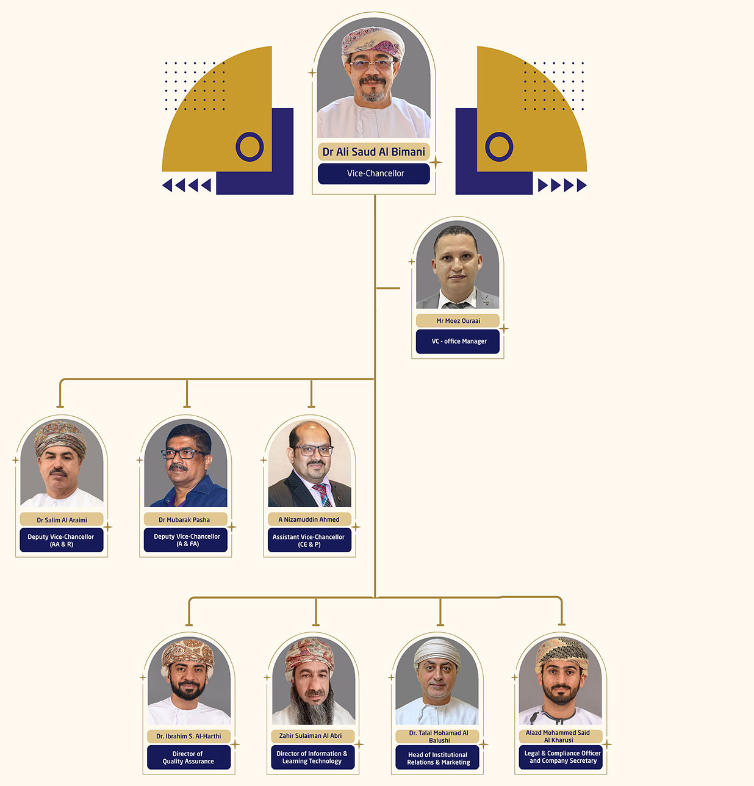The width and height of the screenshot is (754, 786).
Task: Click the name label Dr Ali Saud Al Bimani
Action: pos(373,152)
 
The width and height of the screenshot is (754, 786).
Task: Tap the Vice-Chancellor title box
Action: pos(374,173)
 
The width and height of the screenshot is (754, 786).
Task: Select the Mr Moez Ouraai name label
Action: pos(458,321)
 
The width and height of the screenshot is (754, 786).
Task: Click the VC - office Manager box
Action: pos(458,341)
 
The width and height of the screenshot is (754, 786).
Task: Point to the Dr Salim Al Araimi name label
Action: pos(62,520)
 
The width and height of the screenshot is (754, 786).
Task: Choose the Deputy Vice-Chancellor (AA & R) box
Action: pos(61,540)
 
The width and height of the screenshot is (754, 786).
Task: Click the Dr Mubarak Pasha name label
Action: pos(185,520)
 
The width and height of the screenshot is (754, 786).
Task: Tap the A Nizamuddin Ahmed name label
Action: pos(309,519)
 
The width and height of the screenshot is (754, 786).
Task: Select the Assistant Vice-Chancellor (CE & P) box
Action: pos(309,540)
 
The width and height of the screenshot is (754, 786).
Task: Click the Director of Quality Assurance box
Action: pos(188,757)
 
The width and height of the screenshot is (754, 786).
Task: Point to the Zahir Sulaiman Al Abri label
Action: pos(311,736)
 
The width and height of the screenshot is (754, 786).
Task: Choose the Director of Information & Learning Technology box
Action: pos(312,757)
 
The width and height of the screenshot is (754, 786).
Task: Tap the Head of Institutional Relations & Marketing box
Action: pos(437,758)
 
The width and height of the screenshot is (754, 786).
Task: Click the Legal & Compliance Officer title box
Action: pos(561,757)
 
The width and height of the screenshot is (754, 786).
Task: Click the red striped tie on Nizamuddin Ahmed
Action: pos(321,494)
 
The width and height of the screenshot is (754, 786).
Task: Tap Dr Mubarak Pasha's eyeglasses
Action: pos(182,454)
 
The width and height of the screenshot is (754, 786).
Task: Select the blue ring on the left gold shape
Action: pos(250,146)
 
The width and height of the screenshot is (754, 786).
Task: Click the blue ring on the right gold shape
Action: pos(499,146)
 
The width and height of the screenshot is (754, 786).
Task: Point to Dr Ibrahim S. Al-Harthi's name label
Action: pos(188,737)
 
